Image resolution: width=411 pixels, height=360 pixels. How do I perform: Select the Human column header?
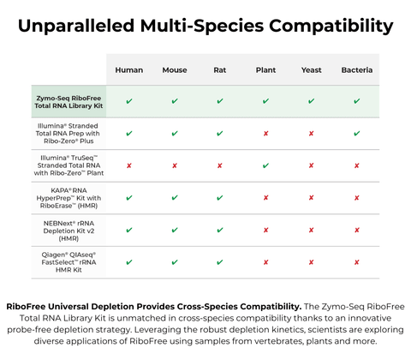(x=128, y=69)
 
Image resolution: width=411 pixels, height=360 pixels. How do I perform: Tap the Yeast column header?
(x=311, y=69)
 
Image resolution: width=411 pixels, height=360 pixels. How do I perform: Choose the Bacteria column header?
(x=356, y=69)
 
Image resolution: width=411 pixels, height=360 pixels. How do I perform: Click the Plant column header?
(x=265, y=69)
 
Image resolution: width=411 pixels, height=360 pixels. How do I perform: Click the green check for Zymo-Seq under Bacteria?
(x=356, y=101)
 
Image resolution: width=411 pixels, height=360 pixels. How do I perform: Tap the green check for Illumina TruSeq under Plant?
(x=265, y=165)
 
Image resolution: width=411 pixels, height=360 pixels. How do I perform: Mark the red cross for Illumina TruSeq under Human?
(x=128, y=165)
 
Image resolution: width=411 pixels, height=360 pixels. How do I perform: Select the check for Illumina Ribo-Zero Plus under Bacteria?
(x=356, y=134)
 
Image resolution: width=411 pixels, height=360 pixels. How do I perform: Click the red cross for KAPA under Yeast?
(x=311, y=198)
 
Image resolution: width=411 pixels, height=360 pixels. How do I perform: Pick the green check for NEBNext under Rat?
(x=220, y=230)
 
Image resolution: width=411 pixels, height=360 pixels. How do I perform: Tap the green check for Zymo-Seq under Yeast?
(x=311, y=101)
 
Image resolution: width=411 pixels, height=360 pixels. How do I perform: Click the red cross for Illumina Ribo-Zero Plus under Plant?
(x=265, y=134)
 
